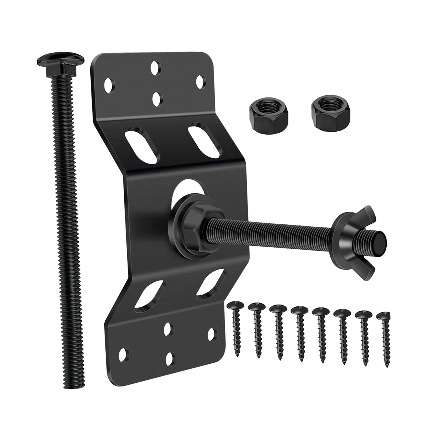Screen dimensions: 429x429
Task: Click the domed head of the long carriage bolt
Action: pos(60,57)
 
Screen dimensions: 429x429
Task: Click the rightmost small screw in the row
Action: pos(384,338)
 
